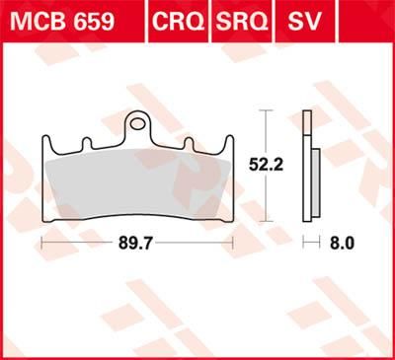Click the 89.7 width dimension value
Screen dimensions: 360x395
[x=136, y=241]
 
